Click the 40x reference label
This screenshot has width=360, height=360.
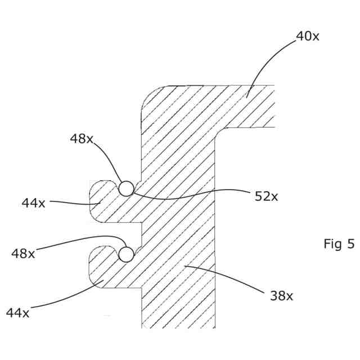308,37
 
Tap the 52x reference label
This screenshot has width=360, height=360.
267,196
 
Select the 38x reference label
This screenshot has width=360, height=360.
281,295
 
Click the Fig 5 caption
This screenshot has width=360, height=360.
339,244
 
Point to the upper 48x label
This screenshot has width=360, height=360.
82,139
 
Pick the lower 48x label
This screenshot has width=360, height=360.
23,254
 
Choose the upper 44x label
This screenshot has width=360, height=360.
33,203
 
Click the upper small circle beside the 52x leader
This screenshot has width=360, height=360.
126,188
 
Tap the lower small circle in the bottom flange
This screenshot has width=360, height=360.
126,254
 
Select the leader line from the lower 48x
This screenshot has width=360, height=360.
79,240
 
